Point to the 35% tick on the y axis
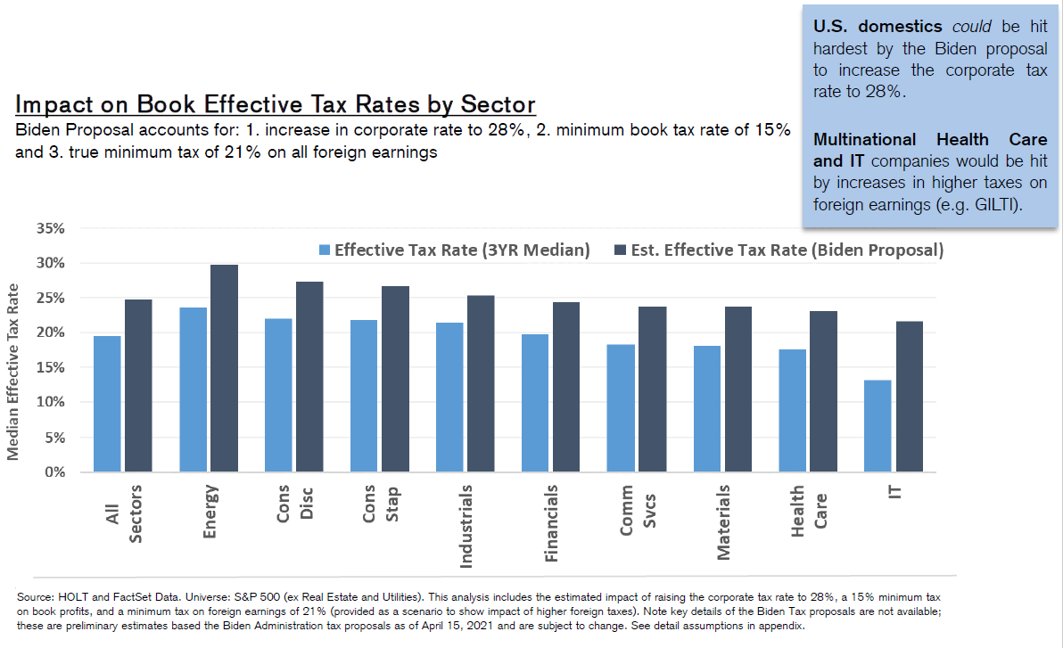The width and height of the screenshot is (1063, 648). (x=51, y=228)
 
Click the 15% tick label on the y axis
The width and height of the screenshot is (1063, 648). (x=51, y=367)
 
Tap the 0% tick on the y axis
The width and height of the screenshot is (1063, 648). (x=55, y=472)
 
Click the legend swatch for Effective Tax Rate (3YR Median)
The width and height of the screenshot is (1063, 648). (x=325, y=250)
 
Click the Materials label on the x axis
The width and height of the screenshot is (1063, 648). (x=723, y=522)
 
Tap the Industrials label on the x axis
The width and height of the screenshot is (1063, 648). (x=465, y=526)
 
